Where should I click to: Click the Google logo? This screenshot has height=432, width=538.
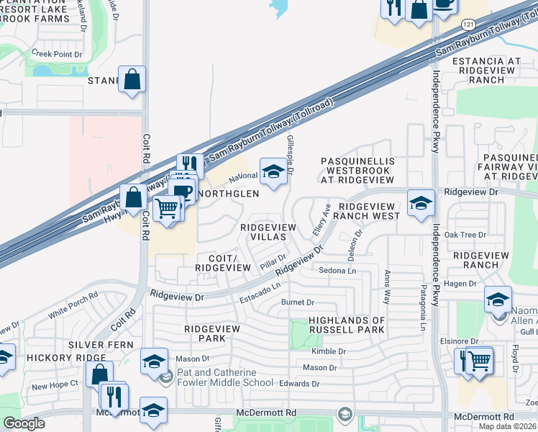[24, 423]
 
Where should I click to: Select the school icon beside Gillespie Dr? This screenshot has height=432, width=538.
[273, 173]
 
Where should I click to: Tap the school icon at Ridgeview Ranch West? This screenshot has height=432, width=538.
[421, 204]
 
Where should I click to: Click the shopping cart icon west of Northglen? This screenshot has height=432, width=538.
[167, 209]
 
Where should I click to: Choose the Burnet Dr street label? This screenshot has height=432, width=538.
[298, 302]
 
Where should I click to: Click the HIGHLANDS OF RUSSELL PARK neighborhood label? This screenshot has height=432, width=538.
[347, 325]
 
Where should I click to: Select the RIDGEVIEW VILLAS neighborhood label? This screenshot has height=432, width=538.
[268, 233]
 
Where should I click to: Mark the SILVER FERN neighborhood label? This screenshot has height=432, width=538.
[101, 345]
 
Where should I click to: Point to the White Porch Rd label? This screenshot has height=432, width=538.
[73, 306]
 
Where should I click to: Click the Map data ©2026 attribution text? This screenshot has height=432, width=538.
[506, 426]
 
